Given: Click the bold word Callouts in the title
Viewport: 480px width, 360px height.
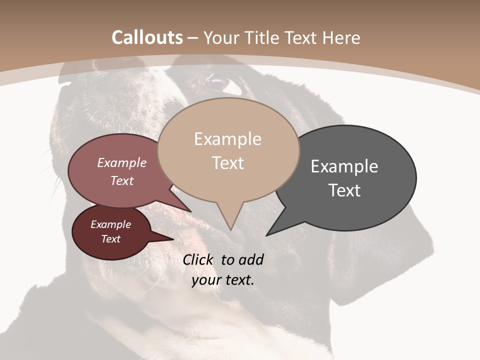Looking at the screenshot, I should [147, 37].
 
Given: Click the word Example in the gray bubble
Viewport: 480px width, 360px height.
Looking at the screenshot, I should [344, 166].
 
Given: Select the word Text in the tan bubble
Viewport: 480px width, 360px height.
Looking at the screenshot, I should [228, 163].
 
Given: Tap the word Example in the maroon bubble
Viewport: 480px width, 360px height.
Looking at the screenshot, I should [111, 224].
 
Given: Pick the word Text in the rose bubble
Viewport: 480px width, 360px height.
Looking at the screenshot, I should [122, 180].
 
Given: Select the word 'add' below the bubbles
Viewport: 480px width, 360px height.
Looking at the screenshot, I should [251, 259].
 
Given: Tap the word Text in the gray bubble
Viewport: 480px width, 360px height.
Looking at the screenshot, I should [344, 190].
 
